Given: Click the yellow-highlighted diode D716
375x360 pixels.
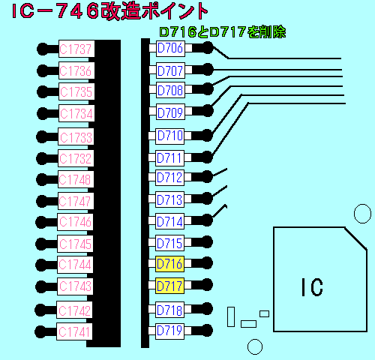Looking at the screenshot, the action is coord(169,264).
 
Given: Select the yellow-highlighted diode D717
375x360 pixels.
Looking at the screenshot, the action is coord(169,286).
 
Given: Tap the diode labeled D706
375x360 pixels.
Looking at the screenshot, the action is coord(170,49).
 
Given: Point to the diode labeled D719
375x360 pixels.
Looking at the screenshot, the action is coord(169,331).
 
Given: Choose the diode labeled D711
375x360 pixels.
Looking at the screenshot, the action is coord(169,158).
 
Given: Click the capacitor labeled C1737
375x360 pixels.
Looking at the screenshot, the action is coord(76,49).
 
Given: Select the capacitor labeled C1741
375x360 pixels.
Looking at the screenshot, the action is coord(74,331).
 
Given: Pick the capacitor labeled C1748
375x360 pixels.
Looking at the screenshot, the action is coord(76,179).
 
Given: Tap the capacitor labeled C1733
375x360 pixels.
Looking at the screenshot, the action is coord(76,136).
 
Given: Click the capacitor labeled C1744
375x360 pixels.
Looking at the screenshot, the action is coord(75,265).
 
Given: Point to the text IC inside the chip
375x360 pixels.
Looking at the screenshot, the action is coord(312,287).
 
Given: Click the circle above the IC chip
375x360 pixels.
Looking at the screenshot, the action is coord(362,205).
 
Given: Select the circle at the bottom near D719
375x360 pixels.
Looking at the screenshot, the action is coord(255,340).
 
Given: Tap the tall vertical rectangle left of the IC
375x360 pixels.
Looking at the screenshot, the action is coord(231,316).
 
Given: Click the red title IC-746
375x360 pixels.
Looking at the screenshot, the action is coord(55,11).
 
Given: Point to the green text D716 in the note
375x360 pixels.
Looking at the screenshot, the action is coord(178,32).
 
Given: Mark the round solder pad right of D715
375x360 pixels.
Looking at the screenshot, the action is coord(207,242).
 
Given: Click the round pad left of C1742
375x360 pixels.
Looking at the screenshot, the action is coord(41,310).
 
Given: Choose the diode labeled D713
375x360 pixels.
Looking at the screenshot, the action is coord(169,199).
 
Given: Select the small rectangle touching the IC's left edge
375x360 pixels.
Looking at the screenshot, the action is coord(264,313).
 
